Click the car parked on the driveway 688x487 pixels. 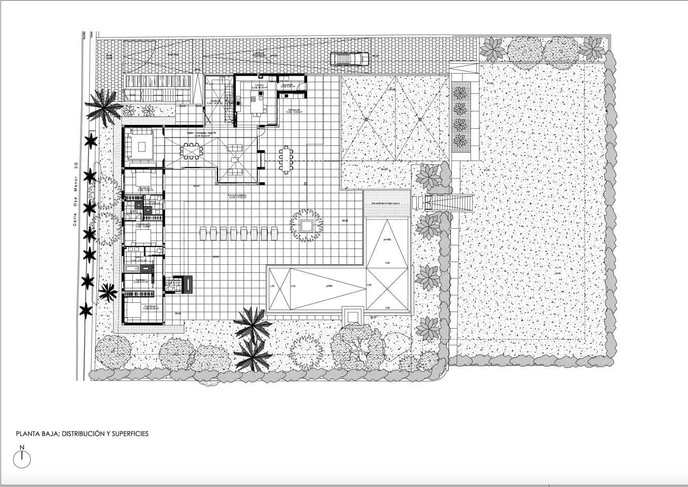click(349, 59)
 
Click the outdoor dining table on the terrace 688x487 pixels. click(286, 159)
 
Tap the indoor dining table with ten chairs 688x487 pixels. click(192, 150)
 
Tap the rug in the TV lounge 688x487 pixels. click(143, 146)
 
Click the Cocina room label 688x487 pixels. click(258, 85)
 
